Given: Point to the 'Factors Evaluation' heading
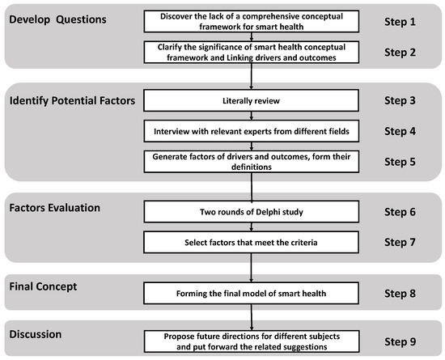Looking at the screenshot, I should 55,208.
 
